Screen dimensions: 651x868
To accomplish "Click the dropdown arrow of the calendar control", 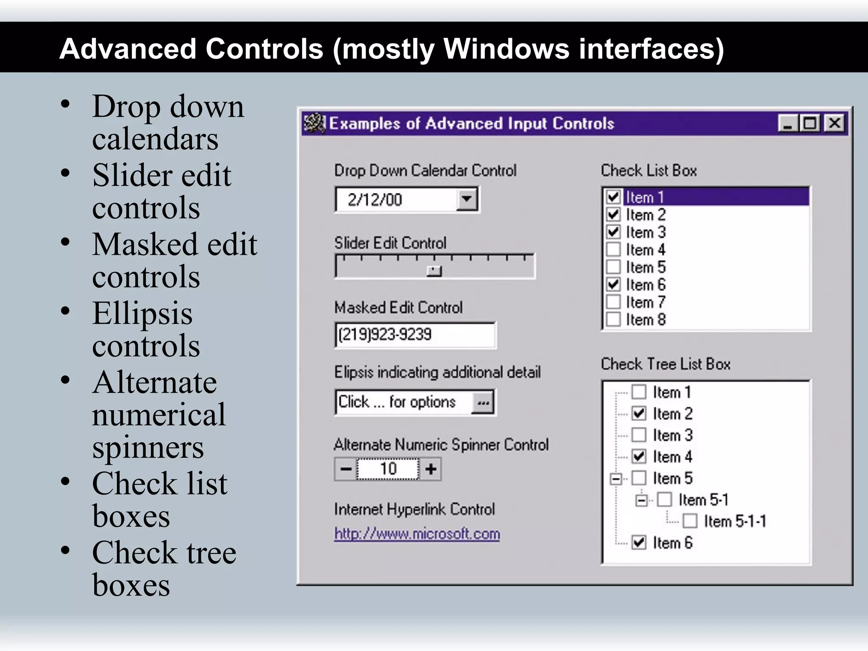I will coord(467,199).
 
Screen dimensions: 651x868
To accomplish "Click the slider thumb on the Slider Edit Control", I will coord(434,271).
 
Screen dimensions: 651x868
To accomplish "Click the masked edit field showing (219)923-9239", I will coord(415,335).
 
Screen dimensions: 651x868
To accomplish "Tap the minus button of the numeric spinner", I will coord(346,469).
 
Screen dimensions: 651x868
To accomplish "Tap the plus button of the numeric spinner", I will coord(431,469).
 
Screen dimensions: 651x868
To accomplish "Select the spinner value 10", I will coord(388,469).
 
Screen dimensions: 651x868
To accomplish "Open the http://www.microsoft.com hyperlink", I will coord(417,534).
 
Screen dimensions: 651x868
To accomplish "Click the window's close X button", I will coord(835,124).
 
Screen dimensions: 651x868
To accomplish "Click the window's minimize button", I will coord(788,124).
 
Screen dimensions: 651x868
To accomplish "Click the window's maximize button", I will coord(810,124).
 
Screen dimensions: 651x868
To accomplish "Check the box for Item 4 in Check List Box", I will coord(613,250).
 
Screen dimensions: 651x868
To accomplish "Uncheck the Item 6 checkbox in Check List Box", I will coord(613,284).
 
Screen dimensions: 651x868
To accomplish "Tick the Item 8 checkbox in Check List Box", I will coord(613,319).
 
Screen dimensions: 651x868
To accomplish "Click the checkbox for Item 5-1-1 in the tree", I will coord(690,521).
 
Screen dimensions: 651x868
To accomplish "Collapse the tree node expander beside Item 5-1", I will coord(642,501).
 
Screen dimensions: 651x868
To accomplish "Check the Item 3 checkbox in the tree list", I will coord(639,435).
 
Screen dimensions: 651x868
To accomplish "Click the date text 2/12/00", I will coord(375,200).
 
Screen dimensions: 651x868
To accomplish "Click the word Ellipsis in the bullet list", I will coord(142,314).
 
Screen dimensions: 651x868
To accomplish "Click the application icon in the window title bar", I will coord(314,124).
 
